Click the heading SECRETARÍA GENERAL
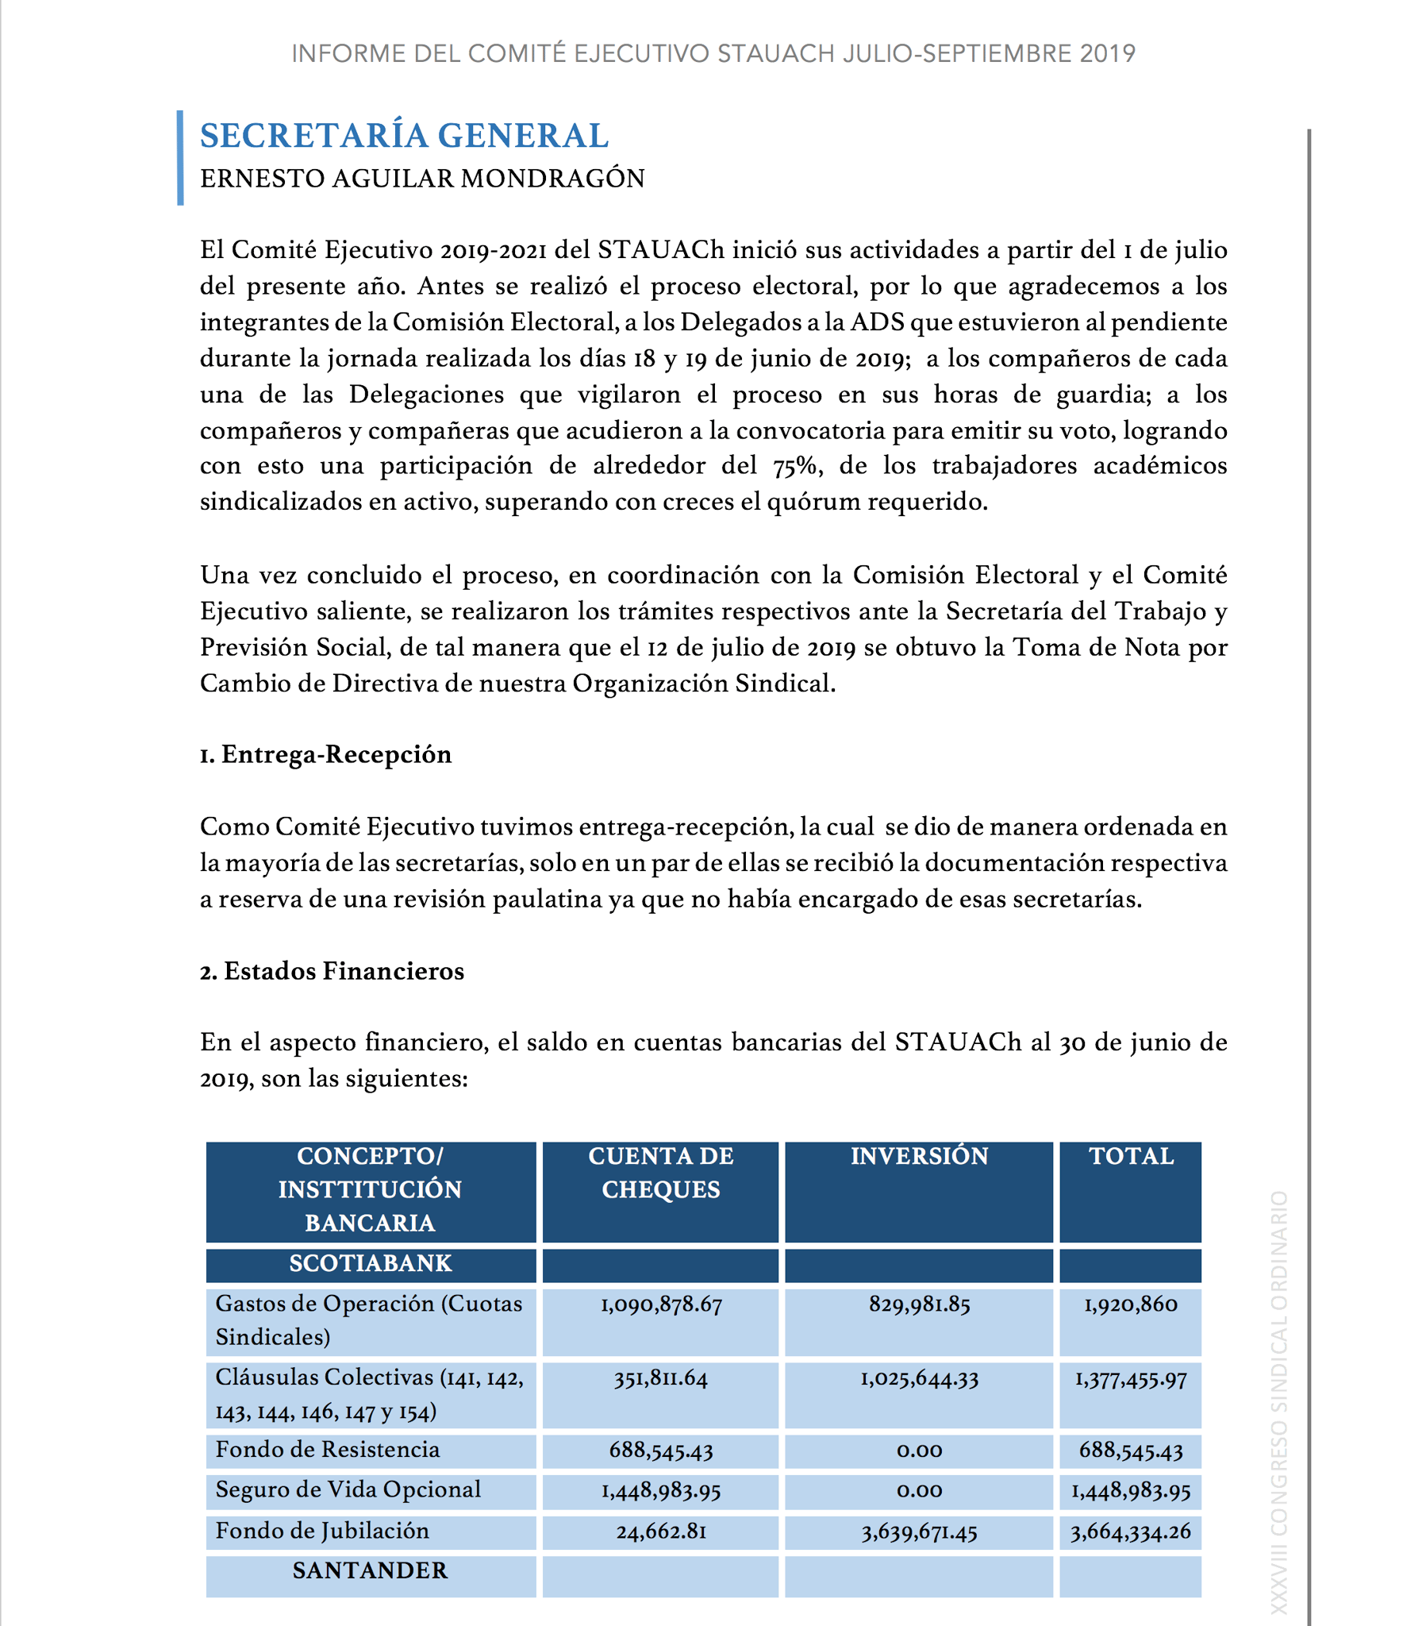pos(404,135)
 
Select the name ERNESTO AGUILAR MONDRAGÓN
pos(421,178)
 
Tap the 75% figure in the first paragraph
pos(796,466)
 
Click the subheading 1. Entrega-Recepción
pos(325,754)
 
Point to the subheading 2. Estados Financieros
pos(332,971)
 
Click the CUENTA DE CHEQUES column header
pos(660,1173)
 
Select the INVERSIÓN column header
pos(919,1156)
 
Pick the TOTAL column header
pos(1130,1156)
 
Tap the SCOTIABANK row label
pos(370,1263)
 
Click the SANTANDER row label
pos(370,1570)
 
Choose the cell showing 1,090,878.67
pos(661,1304)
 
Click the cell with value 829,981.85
pos(919,1304)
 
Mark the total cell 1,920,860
pos(1130,1304)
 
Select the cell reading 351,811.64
pos(660,1378)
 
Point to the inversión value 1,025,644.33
pos(919,1378)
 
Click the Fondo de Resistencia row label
pos(327,1450)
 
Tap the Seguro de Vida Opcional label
pos(348,1489)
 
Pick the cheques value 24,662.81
pos(661,1532)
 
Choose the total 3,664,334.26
pos(1130,1532)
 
